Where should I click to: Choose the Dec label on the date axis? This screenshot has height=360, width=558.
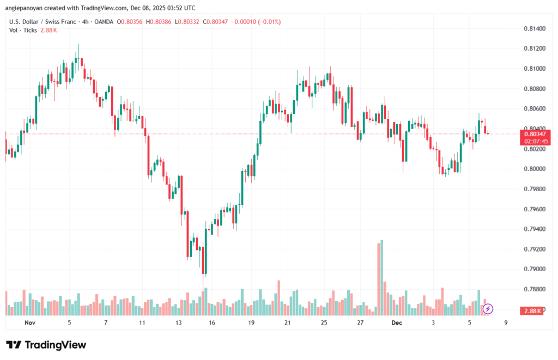pos(397,322)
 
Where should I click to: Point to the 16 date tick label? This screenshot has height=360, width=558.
pos(211,322)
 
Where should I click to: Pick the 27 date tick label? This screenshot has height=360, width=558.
pos(360,322)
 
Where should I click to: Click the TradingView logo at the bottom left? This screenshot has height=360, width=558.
pos(46,345)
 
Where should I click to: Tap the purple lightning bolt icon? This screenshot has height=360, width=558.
pos(488,309)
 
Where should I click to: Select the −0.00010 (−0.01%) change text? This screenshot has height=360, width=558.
pos(258,21)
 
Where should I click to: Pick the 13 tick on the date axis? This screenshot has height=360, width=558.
pos(178,322)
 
